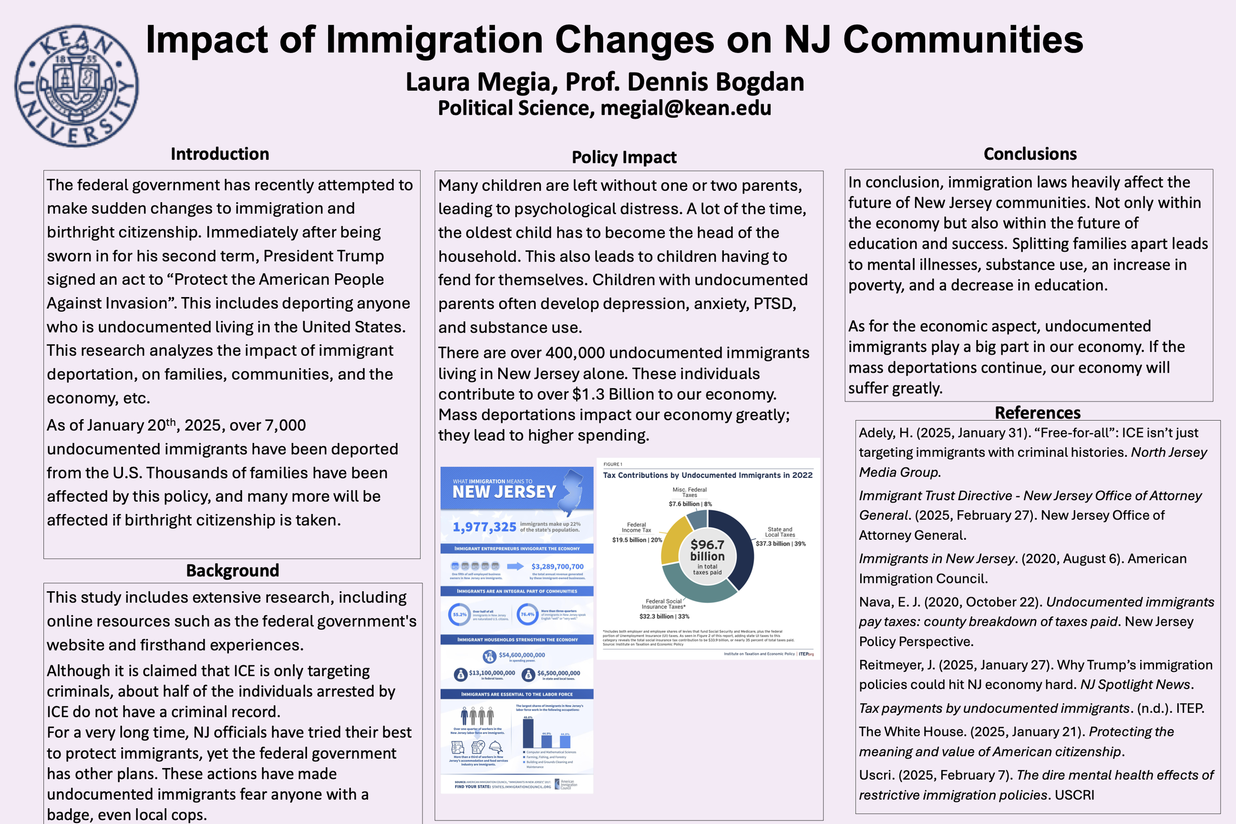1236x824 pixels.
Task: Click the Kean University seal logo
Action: click(77, 86)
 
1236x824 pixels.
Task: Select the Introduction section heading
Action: click(220, 154)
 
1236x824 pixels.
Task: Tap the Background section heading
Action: click(232, 571)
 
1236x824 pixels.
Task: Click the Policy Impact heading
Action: click(624, 157)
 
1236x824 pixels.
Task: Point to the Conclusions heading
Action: click(1030, 154)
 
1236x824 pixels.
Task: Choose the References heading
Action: click(1037, 413)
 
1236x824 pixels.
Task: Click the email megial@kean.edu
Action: click(685, 108)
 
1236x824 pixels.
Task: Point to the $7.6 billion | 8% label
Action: click(690, 504)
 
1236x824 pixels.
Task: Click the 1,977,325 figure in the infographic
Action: click(485, 527)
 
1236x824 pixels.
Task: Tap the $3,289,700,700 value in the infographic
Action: click(557, 566)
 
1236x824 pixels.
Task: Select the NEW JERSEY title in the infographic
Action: click(504, 492)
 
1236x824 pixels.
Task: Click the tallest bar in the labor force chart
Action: click(528, 733)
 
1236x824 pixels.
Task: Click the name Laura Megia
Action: click(477, 83)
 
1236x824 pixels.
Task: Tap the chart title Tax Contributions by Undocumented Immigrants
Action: click(707, 475)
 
